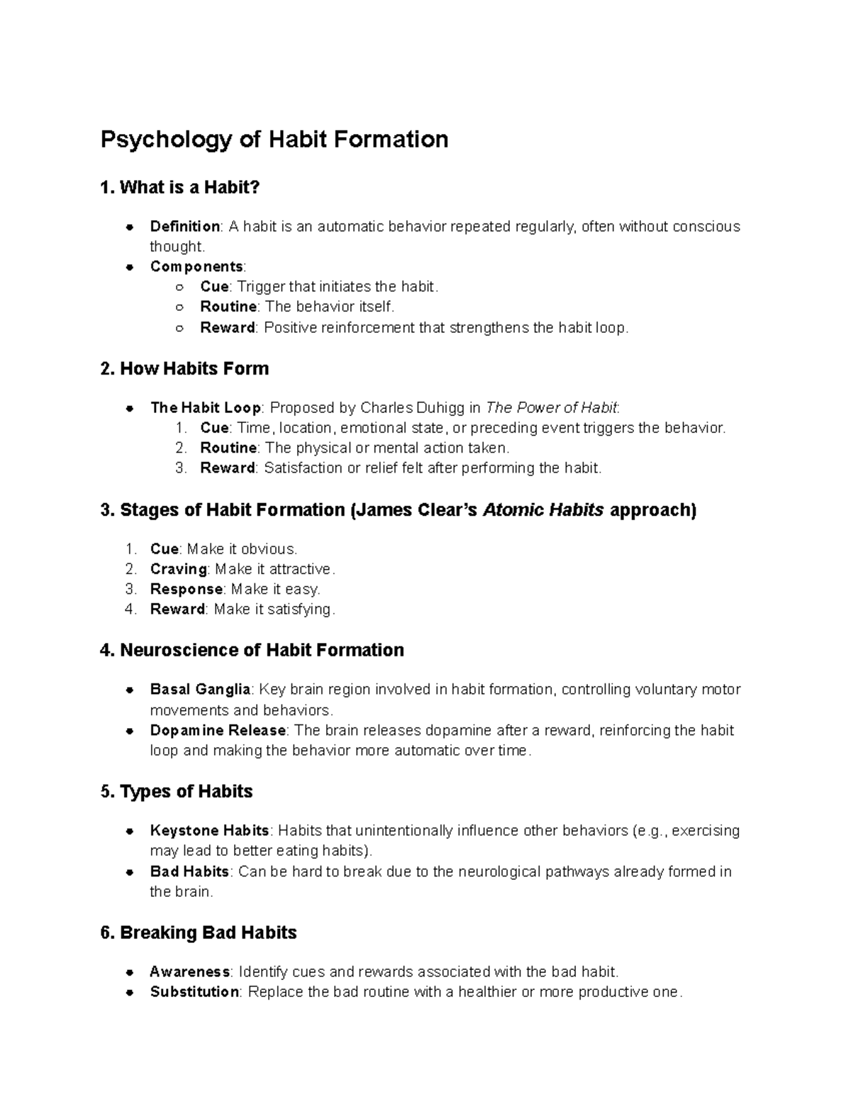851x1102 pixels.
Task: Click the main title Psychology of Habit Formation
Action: pos(274,139)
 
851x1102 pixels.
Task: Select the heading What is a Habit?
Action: pos(181,187)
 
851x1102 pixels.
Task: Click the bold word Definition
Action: pos(184,226)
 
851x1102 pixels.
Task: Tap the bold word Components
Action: pos(196,266)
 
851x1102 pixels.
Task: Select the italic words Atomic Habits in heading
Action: pos(543,509)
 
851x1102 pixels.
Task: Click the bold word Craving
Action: pos(178,569)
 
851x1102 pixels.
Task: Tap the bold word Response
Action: pos(187,589)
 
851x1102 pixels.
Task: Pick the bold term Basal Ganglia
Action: pos(200,689)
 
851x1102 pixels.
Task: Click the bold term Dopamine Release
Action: pos(218,730)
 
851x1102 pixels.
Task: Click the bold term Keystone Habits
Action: pos(209,830)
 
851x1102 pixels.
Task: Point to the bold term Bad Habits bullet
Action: pos(189,871)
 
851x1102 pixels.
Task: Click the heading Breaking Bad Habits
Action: pos(199,932)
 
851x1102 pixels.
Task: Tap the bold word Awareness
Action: pos(189,971)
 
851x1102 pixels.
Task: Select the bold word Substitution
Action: pos(194,991)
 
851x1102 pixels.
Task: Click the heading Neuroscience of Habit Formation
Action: pos(252,650)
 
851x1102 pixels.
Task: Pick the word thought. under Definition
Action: pos(177,246)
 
